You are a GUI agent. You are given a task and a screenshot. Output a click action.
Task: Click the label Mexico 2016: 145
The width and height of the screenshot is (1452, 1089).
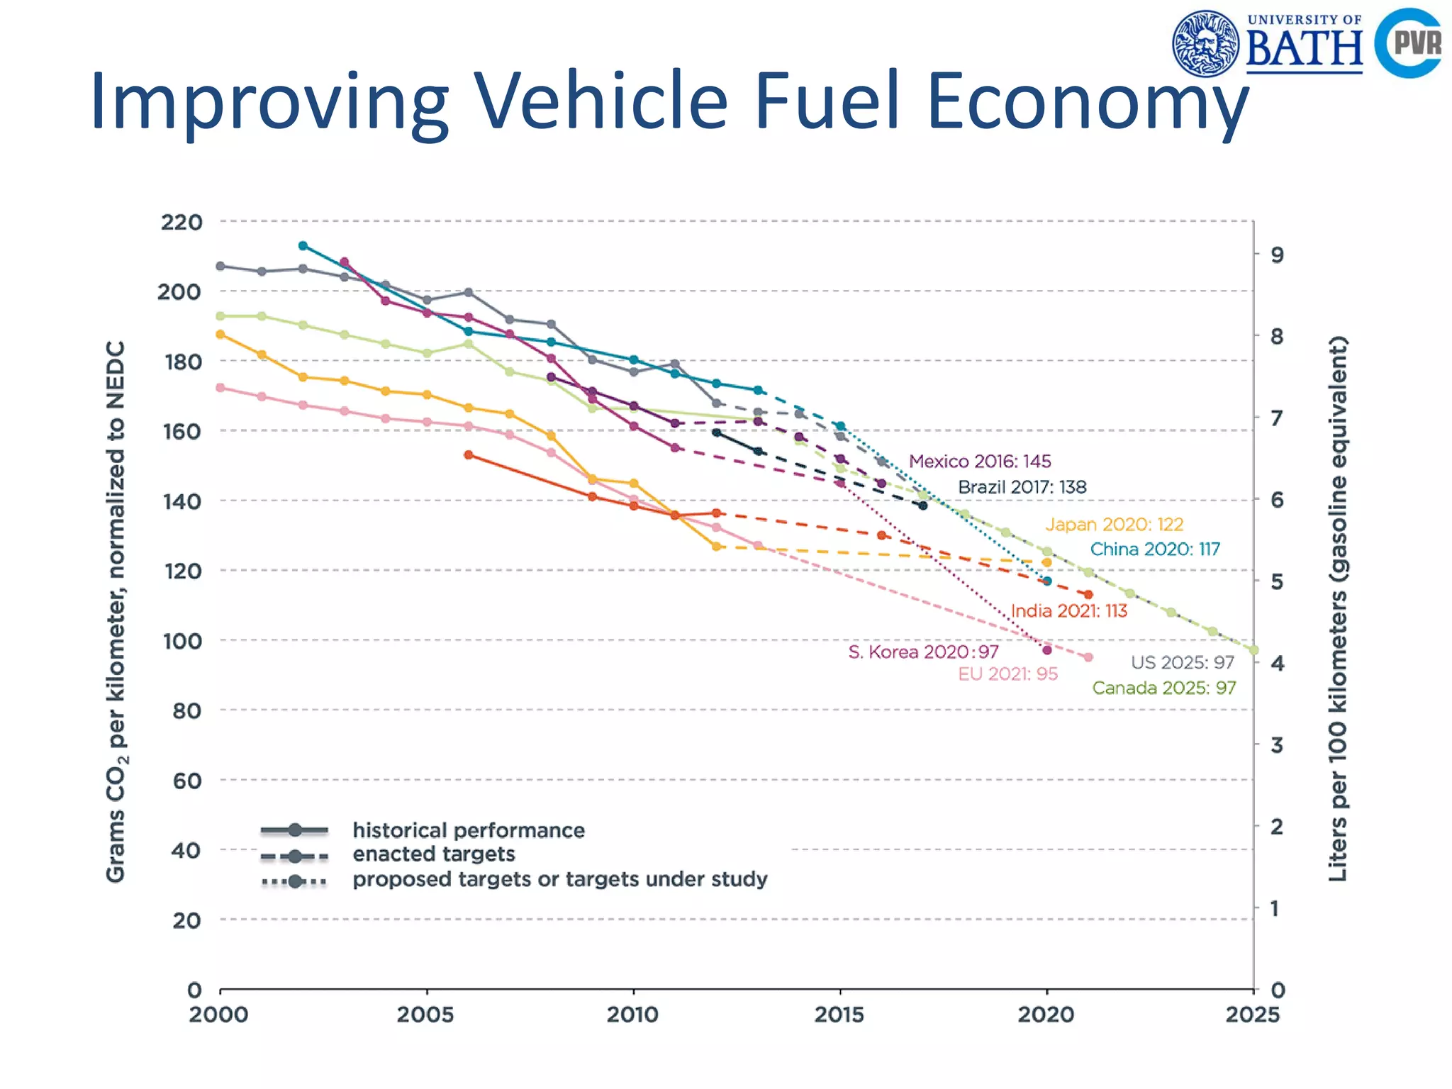point(980,462)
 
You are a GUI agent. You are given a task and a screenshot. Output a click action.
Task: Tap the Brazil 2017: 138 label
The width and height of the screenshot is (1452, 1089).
point(1022,487)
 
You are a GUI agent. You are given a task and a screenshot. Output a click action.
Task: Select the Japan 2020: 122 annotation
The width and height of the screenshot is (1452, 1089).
point(1114,525)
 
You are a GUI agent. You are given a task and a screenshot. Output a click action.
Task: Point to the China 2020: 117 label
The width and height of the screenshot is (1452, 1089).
point(1155,549)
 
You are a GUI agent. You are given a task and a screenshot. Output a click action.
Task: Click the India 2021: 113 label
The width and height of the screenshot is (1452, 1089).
point(1068,611)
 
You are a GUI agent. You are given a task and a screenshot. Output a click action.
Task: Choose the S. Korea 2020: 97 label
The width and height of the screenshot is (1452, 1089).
point(923,652)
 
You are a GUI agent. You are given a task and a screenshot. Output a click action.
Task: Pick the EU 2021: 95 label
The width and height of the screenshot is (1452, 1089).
point(1007,674)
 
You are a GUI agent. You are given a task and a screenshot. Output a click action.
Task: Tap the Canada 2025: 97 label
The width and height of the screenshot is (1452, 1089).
point(1163,688)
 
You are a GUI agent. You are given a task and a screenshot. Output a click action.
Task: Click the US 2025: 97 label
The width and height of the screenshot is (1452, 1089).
point(1182,662)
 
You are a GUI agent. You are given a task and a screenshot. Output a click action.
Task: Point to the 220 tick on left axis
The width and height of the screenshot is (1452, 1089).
point(181,222)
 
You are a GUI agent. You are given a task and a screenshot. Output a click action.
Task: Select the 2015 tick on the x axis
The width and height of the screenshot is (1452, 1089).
point(839,1015)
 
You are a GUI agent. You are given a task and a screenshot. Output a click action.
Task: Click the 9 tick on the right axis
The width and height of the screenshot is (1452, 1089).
point(1277,255)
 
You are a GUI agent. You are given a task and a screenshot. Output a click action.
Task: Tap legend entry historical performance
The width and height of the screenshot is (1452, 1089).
point(469,830)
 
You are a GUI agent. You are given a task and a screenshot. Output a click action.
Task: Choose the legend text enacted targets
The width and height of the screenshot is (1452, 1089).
point(434,854)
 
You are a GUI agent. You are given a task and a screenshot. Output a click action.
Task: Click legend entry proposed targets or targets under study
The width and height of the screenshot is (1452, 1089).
point(560,879)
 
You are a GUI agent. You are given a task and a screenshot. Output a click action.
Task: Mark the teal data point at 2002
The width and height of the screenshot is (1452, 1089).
point(303,246)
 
